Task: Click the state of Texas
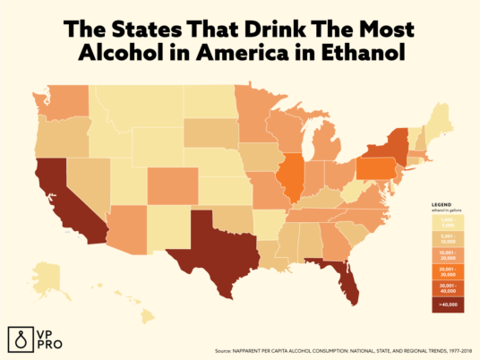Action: [x=206, y=246]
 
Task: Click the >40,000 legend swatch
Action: [x=447, y=304]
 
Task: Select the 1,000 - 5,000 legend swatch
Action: [x=447, y=224]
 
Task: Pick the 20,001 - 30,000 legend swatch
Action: [x=447, y=270]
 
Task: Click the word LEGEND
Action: [x=441, y=204]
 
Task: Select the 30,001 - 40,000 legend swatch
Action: [x=447, y=287]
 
